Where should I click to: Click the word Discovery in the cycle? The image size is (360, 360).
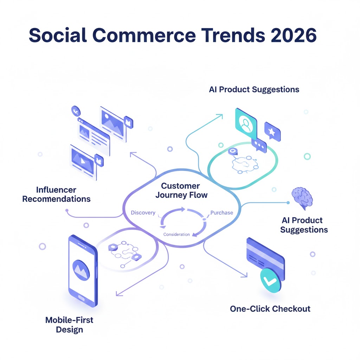(143, 213)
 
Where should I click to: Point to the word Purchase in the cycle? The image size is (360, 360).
(221, 213)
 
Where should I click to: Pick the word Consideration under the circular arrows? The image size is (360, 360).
(176, 234)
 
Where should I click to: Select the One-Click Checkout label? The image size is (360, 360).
(270, 309)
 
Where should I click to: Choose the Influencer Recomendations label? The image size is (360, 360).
(56, 194)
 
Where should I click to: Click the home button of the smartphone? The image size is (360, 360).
(82, 298)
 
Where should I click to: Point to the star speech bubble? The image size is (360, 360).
(272, 132)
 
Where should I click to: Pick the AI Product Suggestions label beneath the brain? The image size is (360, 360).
(304, 225)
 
